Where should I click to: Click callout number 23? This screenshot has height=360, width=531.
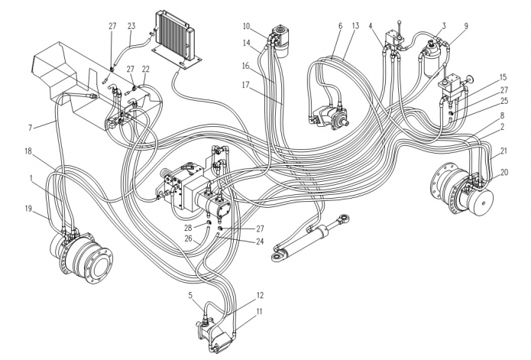pyautogui.click(x=131, y=25)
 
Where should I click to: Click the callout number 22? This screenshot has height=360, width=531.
pyautogui.click(x=146, y=68)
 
